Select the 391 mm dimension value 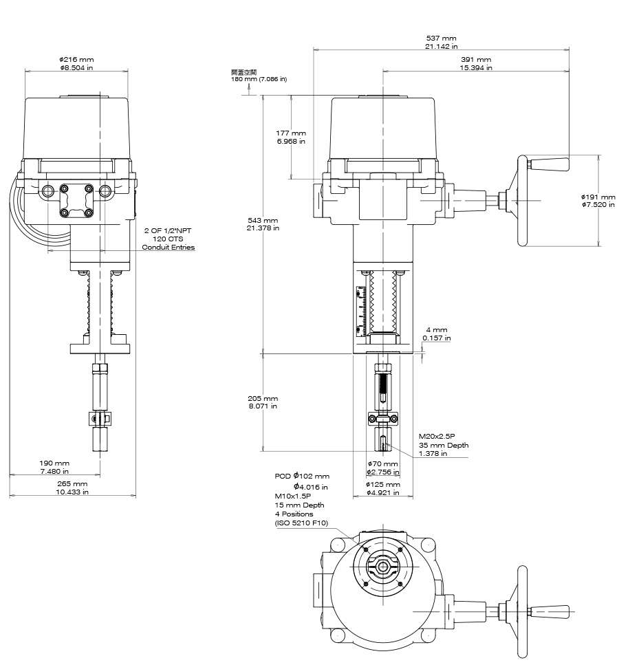(x=475, y=60)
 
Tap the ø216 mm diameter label (x=76, y=60)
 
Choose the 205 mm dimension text (x=263, y=399)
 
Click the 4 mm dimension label (x=437, y=329)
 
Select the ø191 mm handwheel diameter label (x=598, y=197)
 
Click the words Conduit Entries (x=168, y=247)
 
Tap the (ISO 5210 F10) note (x=301, y=523)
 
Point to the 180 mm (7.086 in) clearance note (x=259, y=79)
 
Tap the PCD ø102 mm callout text (x=302, y=476)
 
